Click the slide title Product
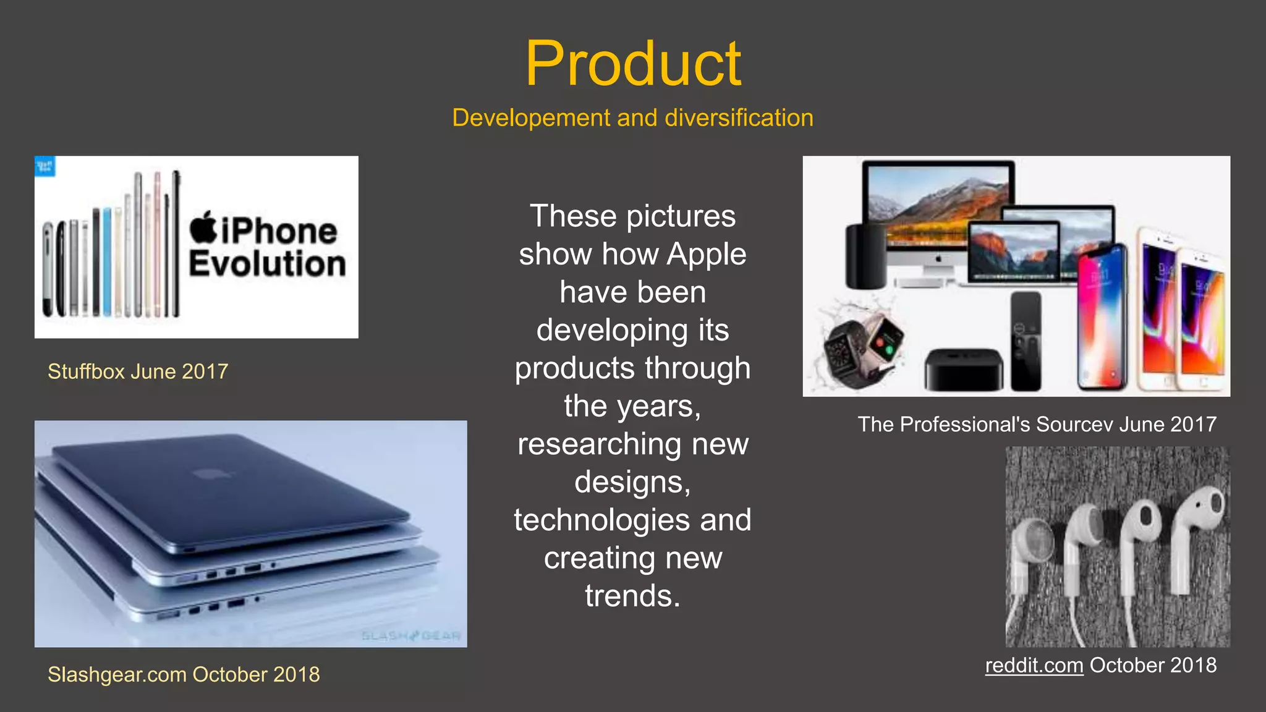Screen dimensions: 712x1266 click(x=633, y=64)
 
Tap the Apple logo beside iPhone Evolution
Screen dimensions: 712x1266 click(x=203, y=227)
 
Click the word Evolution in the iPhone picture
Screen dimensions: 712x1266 click(x=266, y=265)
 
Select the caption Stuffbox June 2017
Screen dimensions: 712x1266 click(x=138, y=371)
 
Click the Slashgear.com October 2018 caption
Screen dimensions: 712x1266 click(x=184, y=674)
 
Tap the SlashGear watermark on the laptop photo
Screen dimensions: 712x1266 click(x=411, y=636)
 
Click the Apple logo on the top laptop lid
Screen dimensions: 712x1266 click(x=211, y=474)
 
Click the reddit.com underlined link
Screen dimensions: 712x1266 click(x=1034, y=666)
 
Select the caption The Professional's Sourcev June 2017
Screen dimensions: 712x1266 click(x=1037, y=425)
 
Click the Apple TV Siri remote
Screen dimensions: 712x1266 click(x=1026, y=341)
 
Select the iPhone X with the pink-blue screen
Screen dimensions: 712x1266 click(x=1102, y=318)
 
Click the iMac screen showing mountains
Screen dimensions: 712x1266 click(x=938, y=204)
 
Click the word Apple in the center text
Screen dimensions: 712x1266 click(x=707, y=254)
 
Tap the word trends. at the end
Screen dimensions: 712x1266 click(x=632, y=596)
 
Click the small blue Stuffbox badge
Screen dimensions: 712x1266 click(x=45, y=166)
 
